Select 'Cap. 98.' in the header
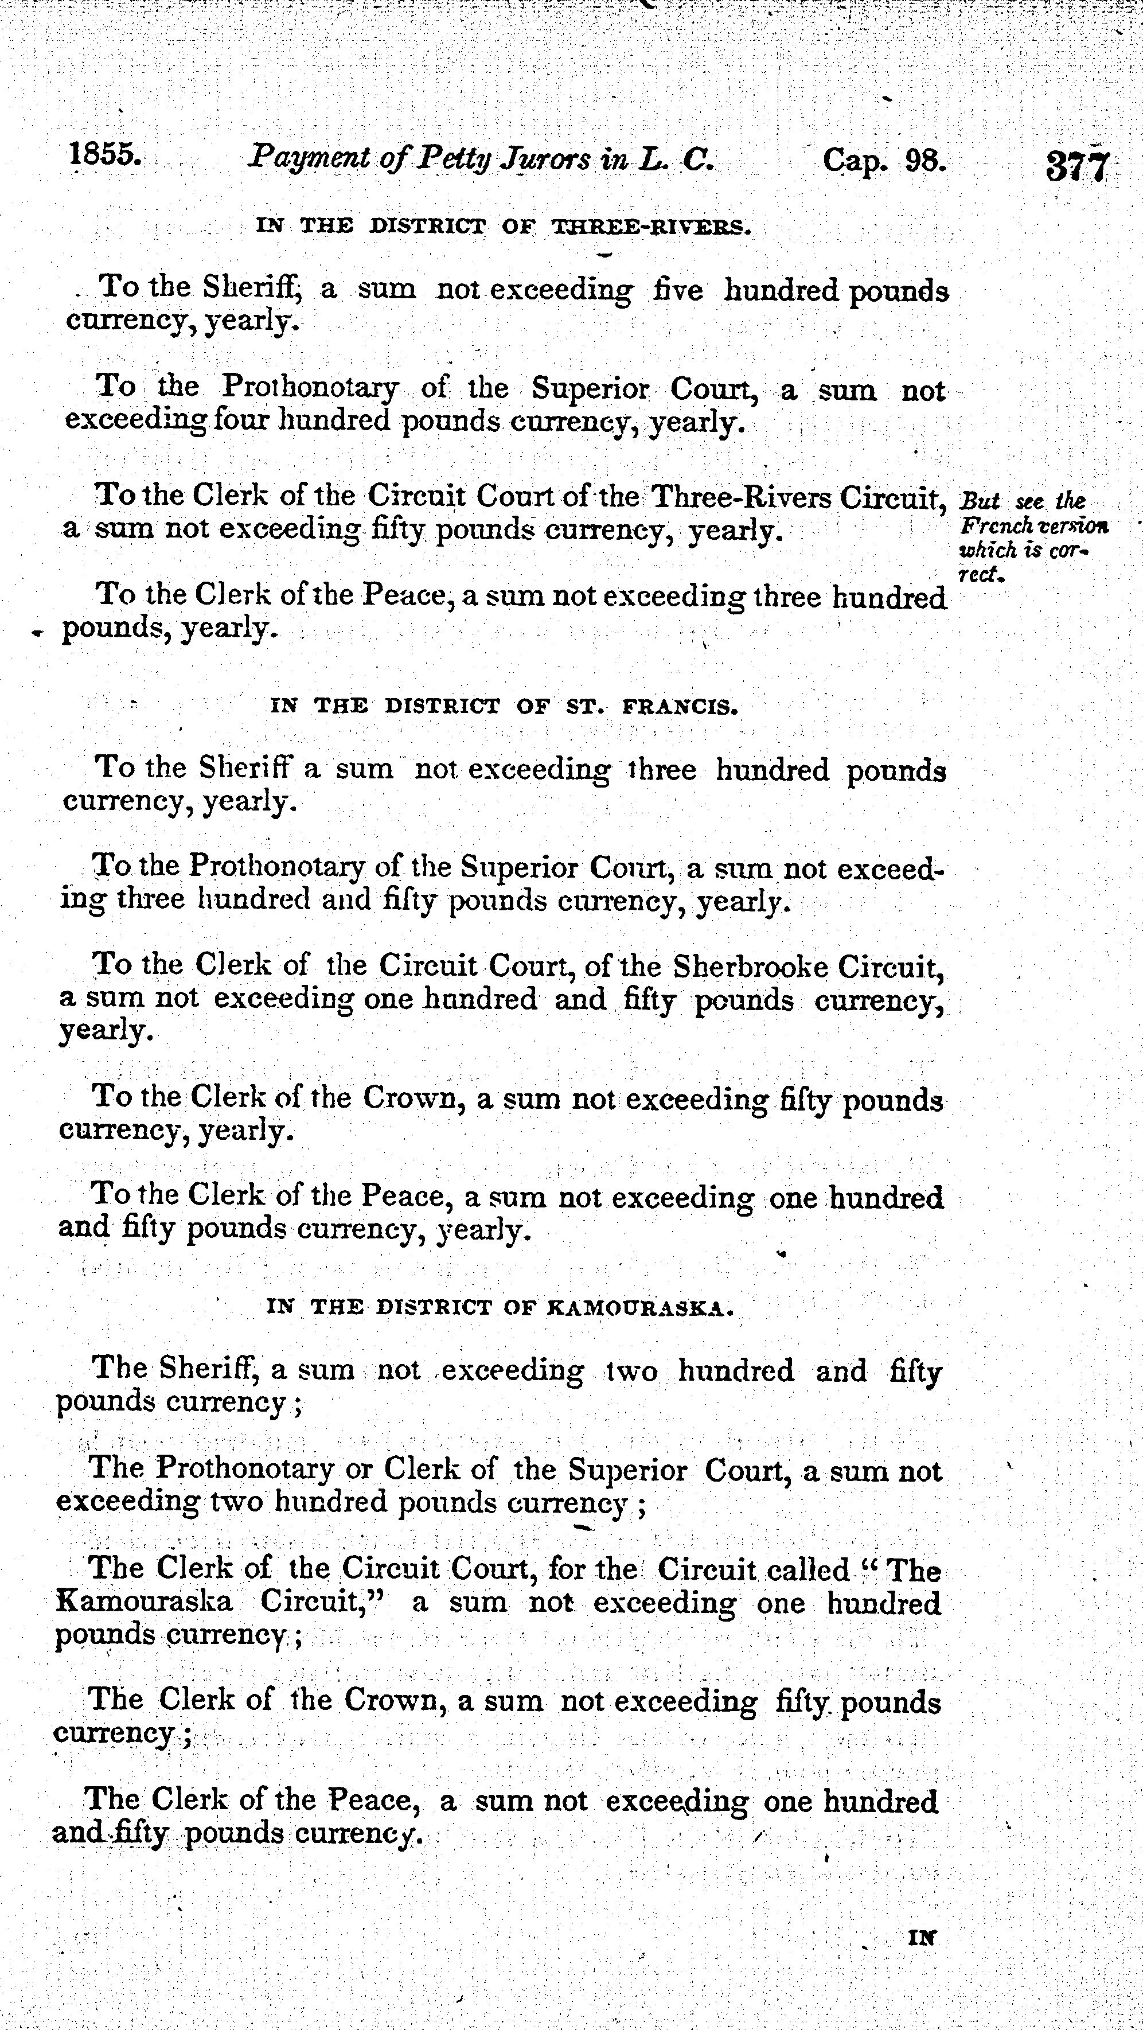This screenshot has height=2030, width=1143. click(883, 160)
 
